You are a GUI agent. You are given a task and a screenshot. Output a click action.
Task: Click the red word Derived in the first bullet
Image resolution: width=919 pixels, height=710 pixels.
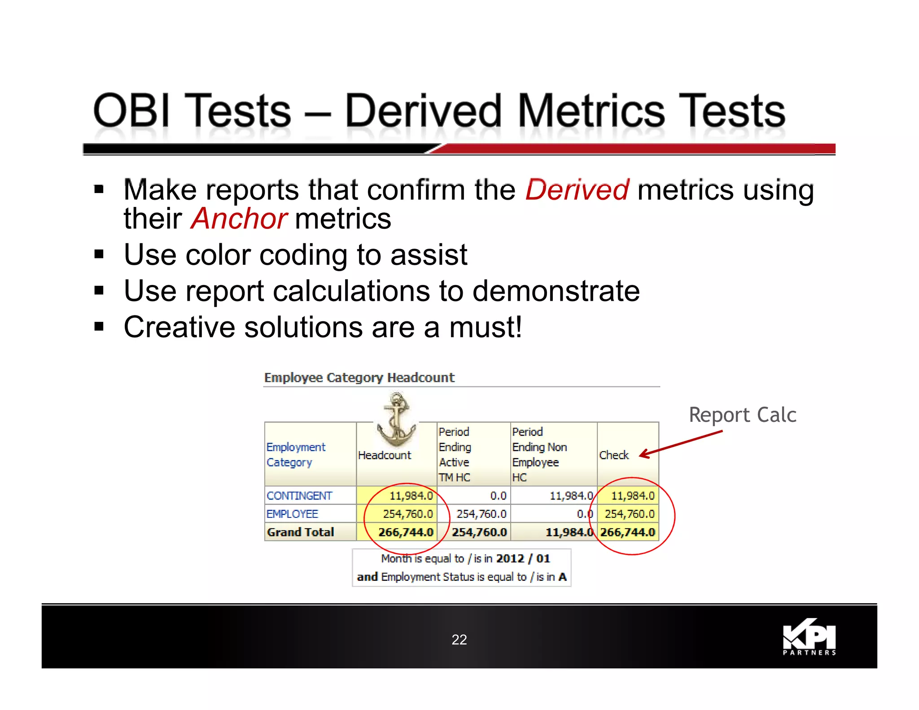coord(577,190)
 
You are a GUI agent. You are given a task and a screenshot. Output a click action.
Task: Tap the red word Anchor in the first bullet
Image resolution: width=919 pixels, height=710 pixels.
coord(239,219)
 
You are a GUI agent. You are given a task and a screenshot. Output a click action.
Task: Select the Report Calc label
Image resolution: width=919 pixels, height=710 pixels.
coord(742,415)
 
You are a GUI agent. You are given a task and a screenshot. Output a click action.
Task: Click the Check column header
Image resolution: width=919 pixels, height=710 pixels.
coord(613,455)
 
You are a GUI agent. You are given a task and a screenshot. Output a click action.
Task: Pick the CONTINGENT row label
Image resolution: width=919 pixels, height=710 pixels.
coord(299,496)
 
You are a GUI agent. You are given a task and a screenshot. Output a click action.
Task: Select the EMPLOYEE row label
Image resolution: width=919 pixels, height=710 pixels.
coord(292,514)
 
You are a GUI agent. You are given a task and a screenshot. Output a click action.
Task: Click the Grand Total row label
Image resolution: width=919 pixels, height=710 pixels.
coord(300,532)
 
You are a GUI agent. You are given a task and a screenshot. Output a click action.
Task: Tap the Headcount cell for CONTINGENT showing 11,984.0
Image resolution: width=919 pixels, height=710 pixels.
coord(410,496)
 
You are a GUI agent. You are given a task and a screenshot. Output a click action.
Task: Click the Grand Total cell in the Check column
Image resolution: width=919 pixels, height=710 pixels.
coord(627,532)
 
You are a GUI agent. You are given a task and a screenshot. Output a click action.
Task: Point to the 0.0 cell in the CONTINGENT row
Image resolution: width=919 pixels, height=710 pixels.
coord(498,496)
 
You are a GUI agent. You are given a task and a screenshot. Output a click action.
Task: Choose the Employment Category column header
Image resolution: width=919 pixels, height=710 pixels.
coord(295,455)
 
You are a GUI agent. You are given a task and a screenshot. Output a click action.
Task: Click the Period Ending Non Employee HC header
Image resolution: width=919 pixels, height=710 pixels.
coord(539,454)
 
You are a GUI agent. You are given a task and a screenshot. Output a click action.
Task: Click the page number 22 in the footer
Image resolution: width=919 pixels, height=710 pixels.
coord(459,640)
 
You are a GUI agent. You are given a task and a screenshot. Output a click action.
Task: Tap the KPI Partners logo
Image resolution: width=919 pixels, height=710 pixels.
coord(809,637)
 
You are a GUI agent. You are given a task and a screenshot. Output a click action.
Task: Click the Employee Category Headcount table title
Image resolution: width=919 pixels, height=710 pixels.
coord(359,377)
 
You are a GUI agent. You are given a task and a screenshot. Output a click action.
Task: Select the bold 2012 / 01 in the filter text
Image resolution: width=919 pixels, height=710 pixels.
coord(523,558)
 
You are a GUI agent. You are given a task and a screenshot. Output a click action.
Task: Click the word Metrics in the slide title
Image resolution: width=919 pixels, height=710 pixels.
coord(591,111)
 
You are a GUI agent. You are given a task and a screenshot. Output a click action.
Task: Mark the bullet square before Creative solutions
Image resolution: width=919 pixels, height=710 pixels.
coord(99,326)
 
